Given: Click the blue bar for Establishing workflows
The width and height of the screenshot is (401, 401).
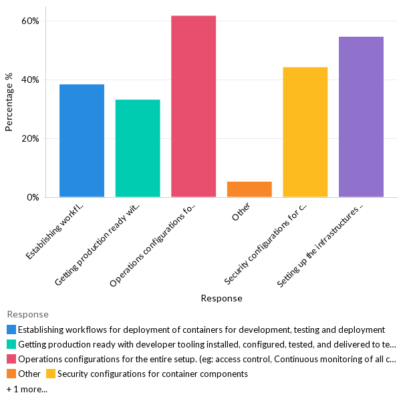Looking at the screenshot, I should tap(82, 140).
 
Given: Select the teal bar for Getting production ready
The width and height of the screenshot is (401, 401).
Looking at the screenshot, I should tap(138, 148).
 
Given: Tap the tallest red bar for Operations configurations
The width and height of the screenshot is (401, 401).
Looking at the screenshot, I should tap(193, 106).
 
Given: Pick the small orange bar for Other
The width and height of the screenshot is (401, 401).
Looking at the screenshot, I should tap(249, 189).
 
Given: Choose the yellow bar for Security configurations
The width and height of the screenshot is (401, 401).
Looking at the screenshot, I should tap(305, 132).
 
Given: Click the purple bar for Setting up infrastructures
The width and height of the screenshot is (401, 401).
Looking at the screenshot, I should tap(361, 117).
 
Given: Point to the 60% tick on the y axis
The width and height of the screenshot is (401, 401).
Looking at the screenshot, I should tap(31, 21).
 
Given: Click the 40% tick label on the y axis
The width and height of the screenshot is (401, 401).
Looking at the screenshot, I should tap(31, 80).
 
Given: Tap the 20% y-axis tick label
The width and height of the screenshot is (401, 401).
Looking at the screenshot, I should tap(31, 139).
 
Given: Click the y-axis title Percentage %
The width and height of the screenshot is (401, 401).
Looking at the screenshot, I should tap(9, 102).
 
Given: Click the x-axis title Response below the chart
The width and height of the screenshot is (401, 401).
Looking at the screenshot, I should tap(221, 298).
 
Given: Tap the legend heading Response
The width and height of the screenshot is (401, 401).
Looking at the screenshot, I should tap(27, 315).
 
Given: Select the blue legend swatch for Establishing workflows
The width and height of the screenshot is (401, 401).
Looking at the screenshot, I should tap(11, 329).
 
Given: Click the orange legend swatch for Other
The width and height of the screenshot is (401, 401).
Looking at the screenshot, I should tap(11, 374).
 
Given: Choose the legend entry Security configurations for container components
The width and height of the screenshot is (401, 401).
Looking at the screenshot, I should tap(152, 374).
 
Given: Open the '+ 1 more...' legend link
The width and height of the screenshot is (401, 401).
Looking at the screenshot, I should tap(27, 388).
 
